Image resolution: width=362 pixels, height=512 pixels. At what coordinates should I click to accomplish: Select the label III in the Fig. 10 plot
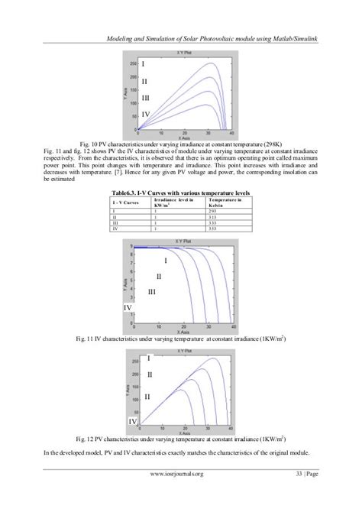pyautogui.click(x=147, y=99)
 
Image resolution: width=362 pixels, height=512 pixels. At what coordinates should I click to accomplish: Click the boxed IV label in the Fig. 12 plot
pyautogui.click(x=133, y=421)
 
